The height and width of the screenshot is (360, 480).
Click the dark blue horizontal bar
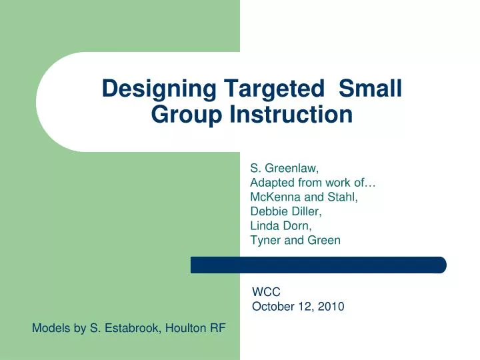click(318, 265)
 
